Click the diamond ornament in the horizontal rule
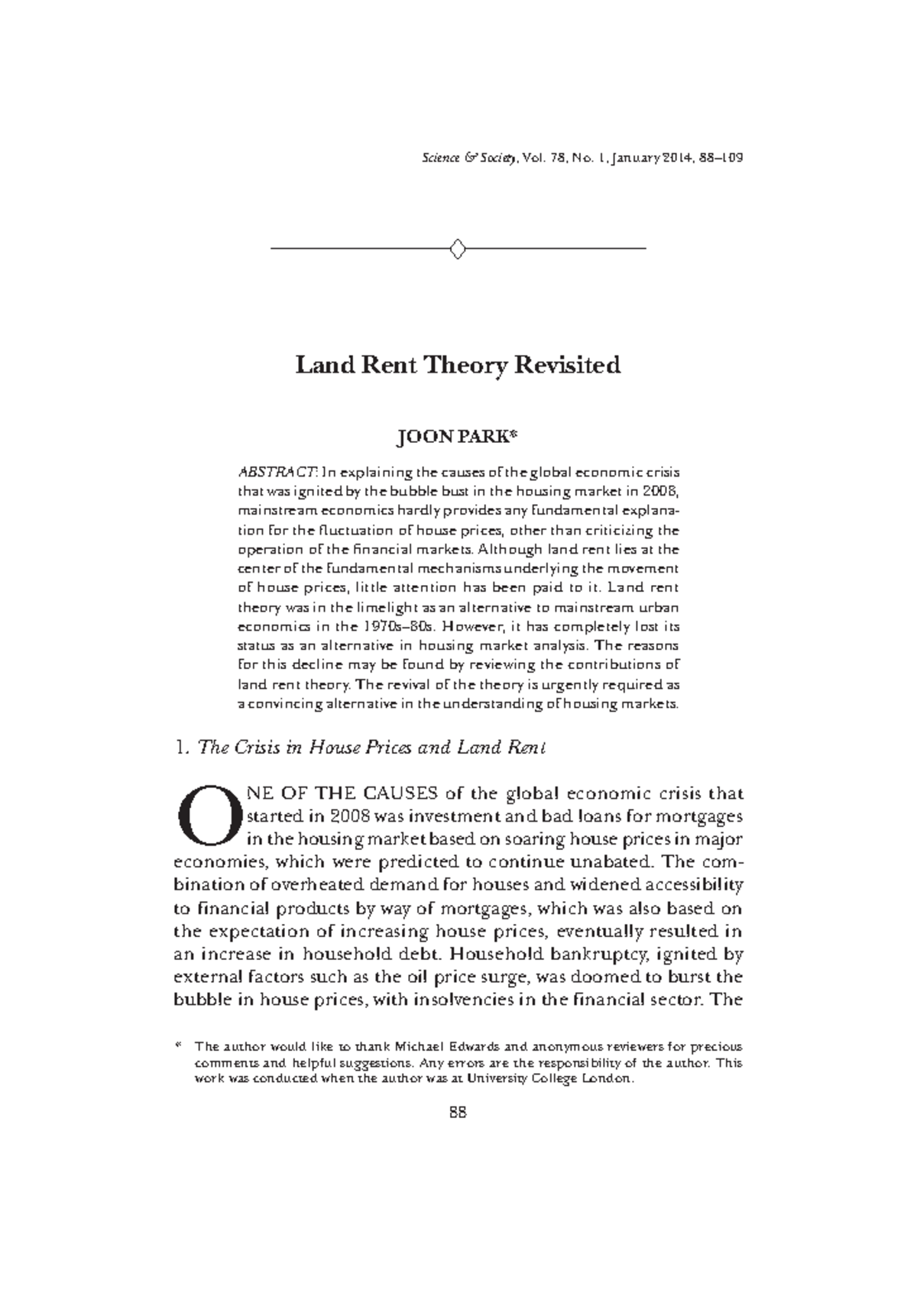[458, 249]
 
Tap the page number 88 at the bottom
[458, 1112]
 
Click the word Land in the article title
[325, 365]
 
